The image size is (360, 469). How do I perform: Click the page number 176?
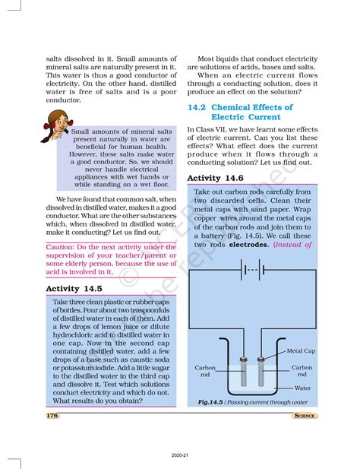point(52,416)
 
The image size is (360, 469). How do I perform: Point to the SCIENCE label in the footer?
point(305,416)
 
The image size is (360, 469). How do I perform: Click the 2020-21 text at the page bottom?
point(180,455)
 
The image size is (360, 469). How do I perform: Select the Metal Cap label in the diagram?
point(301,352)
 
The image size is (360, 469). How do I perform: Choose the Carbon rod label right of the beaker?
point(302,371)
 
